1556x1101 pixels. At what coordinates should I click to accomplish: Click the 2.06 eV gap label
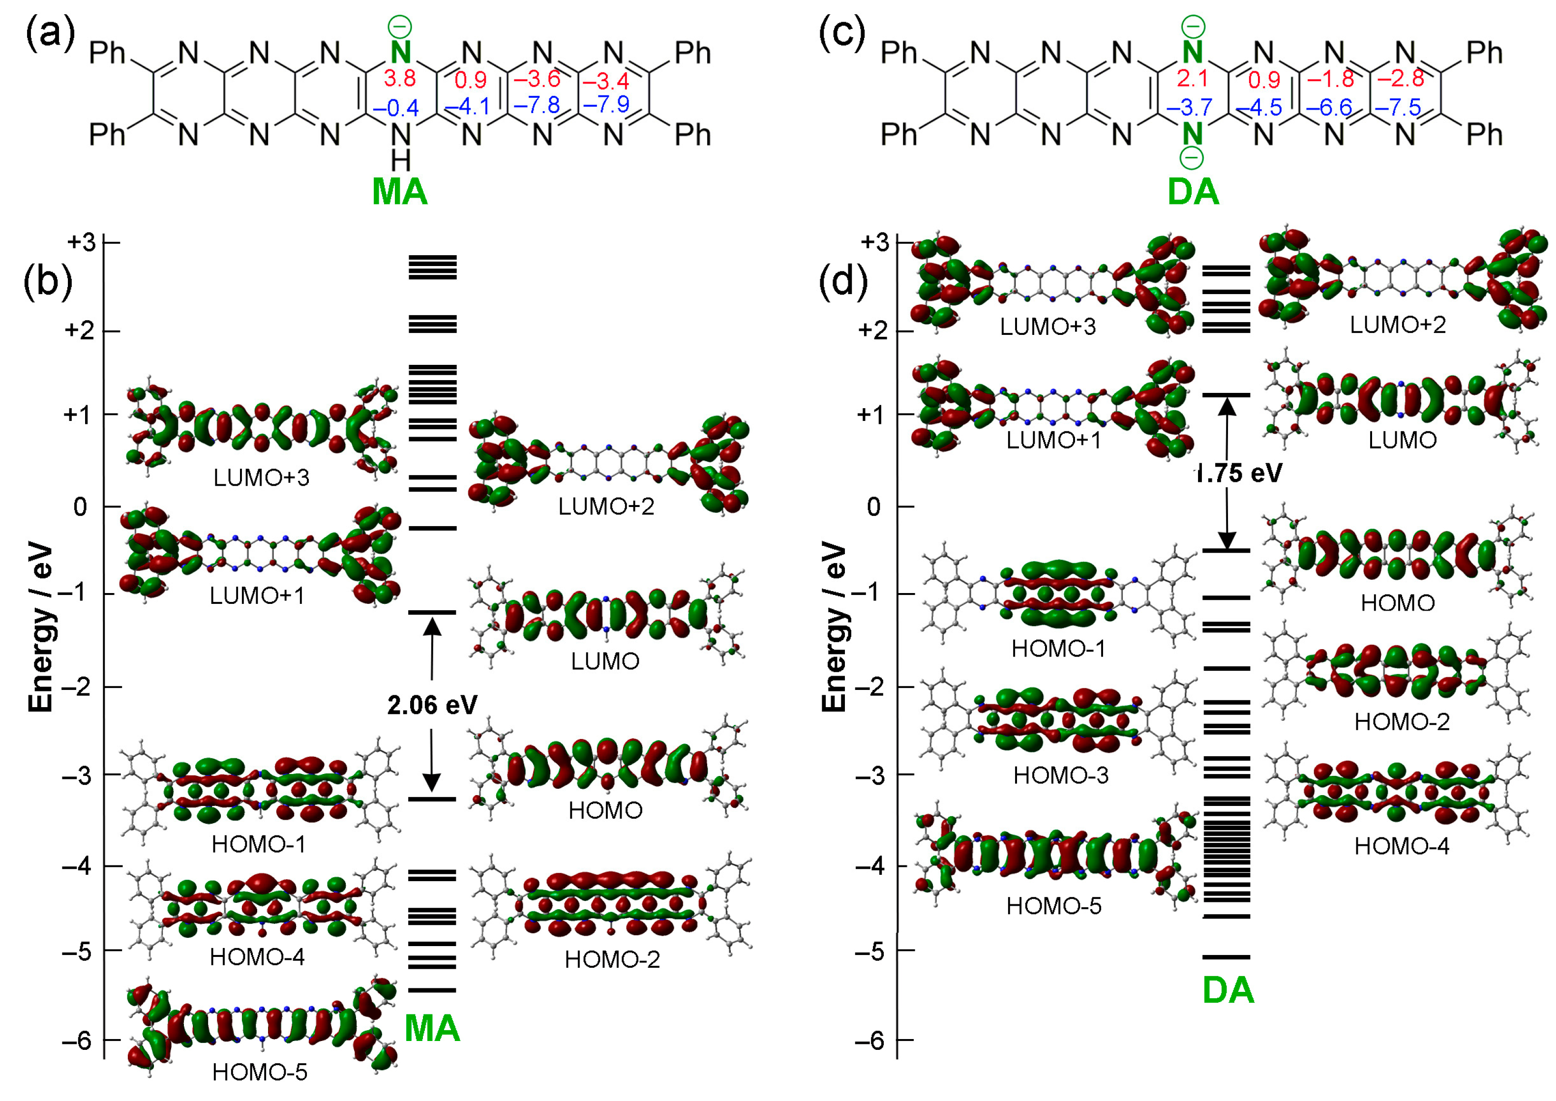pyautogui.click(x=432, y=705)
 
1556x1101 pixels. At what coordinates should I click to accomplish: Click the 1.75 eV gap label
pyautogui.click(x=1238, y=473)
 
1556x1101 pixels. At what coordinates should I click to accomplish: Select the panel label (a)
pyautogui.click(x=50, y=34)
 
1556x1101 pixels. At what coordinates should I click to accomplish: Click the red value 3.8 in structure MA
pyautogui.click(x=399, y=79)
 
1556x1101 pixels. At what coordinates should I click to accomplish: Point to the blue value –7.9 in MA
pyautogui.click(x=606, y=104)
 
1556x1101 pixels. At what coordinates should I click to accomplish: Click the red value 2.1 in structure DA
pyautogui.click(x=1192, y=79)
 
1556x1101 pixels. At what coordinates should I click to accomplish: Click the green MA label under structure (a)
pyautogui.click(x=400, y=192)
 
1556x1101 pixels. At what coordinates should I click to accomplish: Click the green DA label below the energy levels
pyautogui.click(x=1228, y=990)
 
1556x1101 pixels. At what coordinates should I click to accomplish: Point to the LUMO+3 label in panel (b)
pyautogui.click(x=261, y=478)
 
